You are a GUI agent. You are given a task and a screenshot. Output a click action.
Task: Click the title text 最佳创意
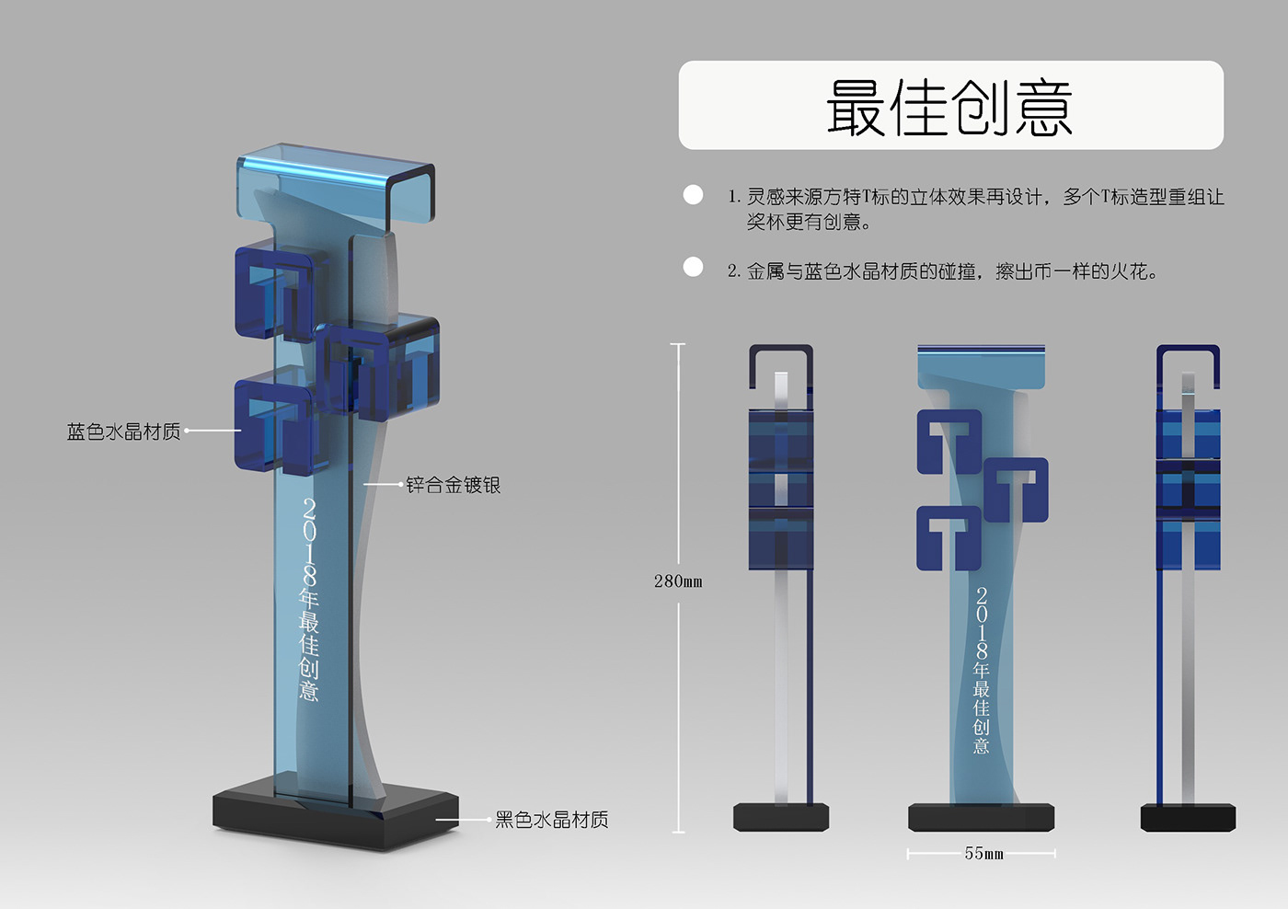click(x=949, y=107)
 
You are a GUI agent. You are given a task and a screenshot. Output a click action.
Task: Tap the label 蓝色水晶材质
click(x=124, y=431)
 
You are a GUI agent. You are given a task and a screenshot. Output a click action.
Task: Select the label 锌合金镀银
click(x=453, y=485)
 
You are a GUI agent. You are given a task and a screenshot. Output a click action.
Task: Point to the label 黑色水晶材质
click(x=551, y=820)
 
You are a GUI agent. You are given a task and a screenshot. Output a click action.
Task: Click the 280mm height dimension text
click(x=678, y=581)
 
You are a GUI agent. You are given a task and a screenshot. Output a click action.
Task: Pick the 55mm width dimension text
click(x=983, y=854)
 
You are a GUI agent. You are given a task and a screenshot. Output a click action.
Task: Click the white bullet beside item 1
click(x=693, y=194)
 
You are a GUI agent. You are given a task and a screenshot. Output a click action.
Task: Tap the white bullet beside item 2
click(x=693, y=267)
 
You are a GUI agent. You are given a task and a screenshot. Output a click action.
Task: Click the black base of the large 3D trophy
click(x=336, y=817)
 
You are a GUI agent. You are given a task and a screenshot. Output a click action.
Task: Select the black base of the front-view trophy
click(x=981, y=817)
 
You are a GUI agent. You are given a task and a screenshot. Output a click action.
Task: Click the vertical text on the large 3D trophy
click(x=309, y=599)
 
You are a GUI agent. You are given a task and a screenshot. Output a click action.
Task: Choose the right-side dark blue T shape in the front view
click(x=1016, y=488)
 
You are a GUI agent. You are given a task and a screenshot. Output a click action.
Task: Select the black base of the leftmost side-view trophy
click(x=781, y=817)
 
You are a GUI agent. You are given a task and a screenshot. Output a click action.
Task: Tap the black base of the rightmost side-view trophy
click(x=1188, y=817)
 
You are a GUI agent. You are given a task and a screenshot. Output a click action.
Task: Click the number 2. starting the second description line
click(x=733, y=271)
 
